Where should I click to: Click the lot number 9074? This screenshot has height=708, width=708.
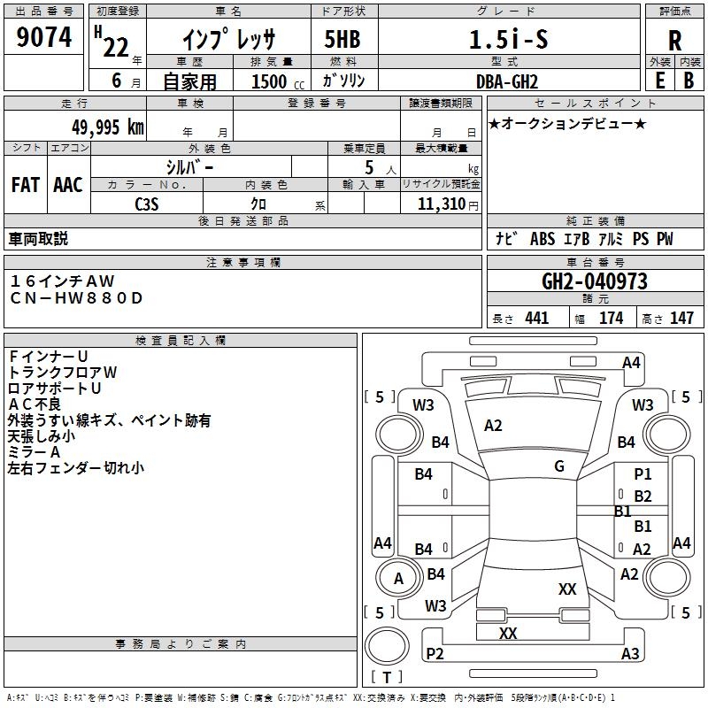[43, 38]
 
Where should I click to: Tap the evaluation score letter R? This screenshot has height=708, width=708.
[674, 41]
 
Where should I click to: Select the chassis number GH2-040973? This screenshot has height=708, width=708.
[594, 282]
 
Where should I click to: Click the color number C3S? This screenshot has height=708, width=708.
[147, 204]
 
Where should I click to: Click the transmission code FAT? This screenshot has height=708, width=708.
[26, 185]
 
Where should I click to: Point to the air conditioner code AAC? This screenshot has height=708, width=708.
[68, 185]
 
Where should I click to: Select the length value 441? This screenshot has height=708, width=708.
[536, 319]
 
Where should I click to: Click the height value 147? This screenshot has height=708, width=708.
[681, 319]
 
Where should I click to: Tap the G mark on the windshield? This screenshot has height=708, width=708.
[559, 466]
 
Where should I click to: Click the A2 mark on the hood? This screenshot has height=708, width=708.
[493, 426]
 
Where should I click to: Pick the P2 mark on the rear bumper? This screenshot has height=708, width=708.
[434, 653]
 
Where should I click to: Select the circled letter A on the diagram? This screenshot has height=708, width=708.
[398, 579]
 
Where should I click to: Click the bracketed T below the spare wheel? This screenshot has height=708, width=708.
[387, 678]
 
